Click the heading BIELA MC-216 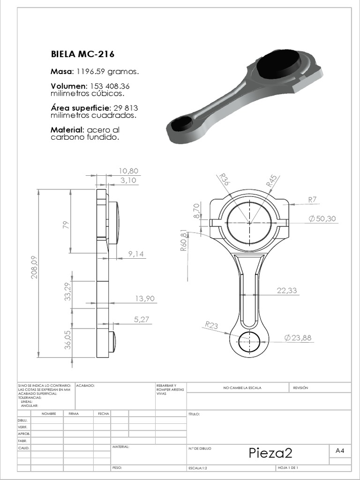coord(82,54)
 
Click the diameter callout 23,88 coord(298,337)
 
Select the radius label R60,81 coord(183,240)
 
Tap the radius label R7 coord(313,199)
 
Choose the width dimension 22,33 coord(286,291)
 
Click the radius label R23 coord(211,324)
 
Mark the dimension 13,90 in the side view coord(144,298)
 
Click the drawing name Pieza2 coord(270,453)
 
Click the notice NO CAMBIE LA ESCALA coord(242,388)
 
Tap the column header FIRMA coord(74,414)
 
